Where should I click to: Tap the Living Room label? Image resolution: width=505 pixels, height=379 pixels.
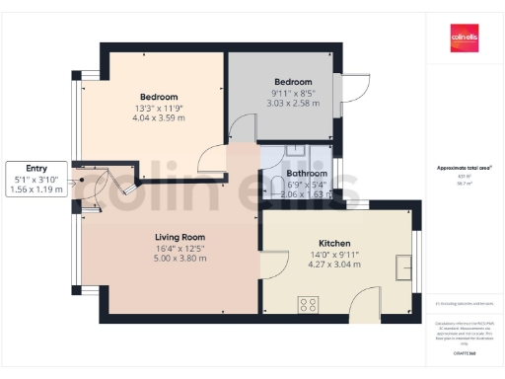[179, 237]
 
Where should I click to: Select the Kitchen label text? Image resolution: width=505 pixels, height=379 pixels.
[334, 243]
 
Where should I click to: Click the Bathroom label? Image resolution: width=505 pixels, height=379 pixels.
[300, 173]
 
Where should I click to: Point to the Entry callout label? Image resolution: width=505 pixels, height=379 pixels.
[36, 168]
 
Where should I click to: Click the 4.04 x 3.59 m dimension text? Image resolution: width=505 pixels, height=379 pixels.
[159, 117]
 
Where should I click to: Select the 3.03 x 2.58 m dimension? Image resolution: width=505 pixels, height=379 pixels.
[292, 103]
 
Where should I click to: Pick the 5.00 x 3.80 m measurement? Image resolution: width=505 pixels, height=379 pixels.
[179, 259]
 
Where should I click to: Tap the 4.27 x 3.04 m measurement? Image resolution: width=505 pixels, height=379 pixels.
[334, 265]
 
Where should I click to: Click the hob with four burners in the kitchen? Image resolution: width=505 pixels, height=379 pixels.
[308, 304]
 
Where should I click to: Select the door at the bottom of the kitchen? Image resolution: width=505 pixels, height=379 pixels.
[364, 300]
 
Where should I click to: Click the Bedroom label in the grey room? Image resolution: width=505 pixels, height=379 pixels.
[293, 81]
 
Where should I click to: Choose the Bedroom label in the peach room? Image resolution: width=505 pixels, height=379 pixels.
[159, 97]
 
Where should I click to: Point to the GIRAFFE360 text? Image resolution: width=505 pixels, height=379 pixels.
[464, 352]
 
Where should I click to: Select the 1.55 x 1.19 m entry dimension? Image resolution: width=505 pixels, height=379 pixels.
[36, 189]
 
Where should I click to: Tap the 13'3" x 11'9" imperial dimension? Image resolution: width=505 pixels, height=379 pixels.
[159, 108]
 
